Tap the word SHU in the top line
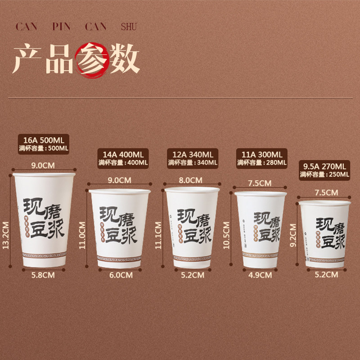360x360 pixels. tap(128, 27)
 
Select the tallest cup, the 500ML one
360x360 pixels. tap(44, 220)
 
